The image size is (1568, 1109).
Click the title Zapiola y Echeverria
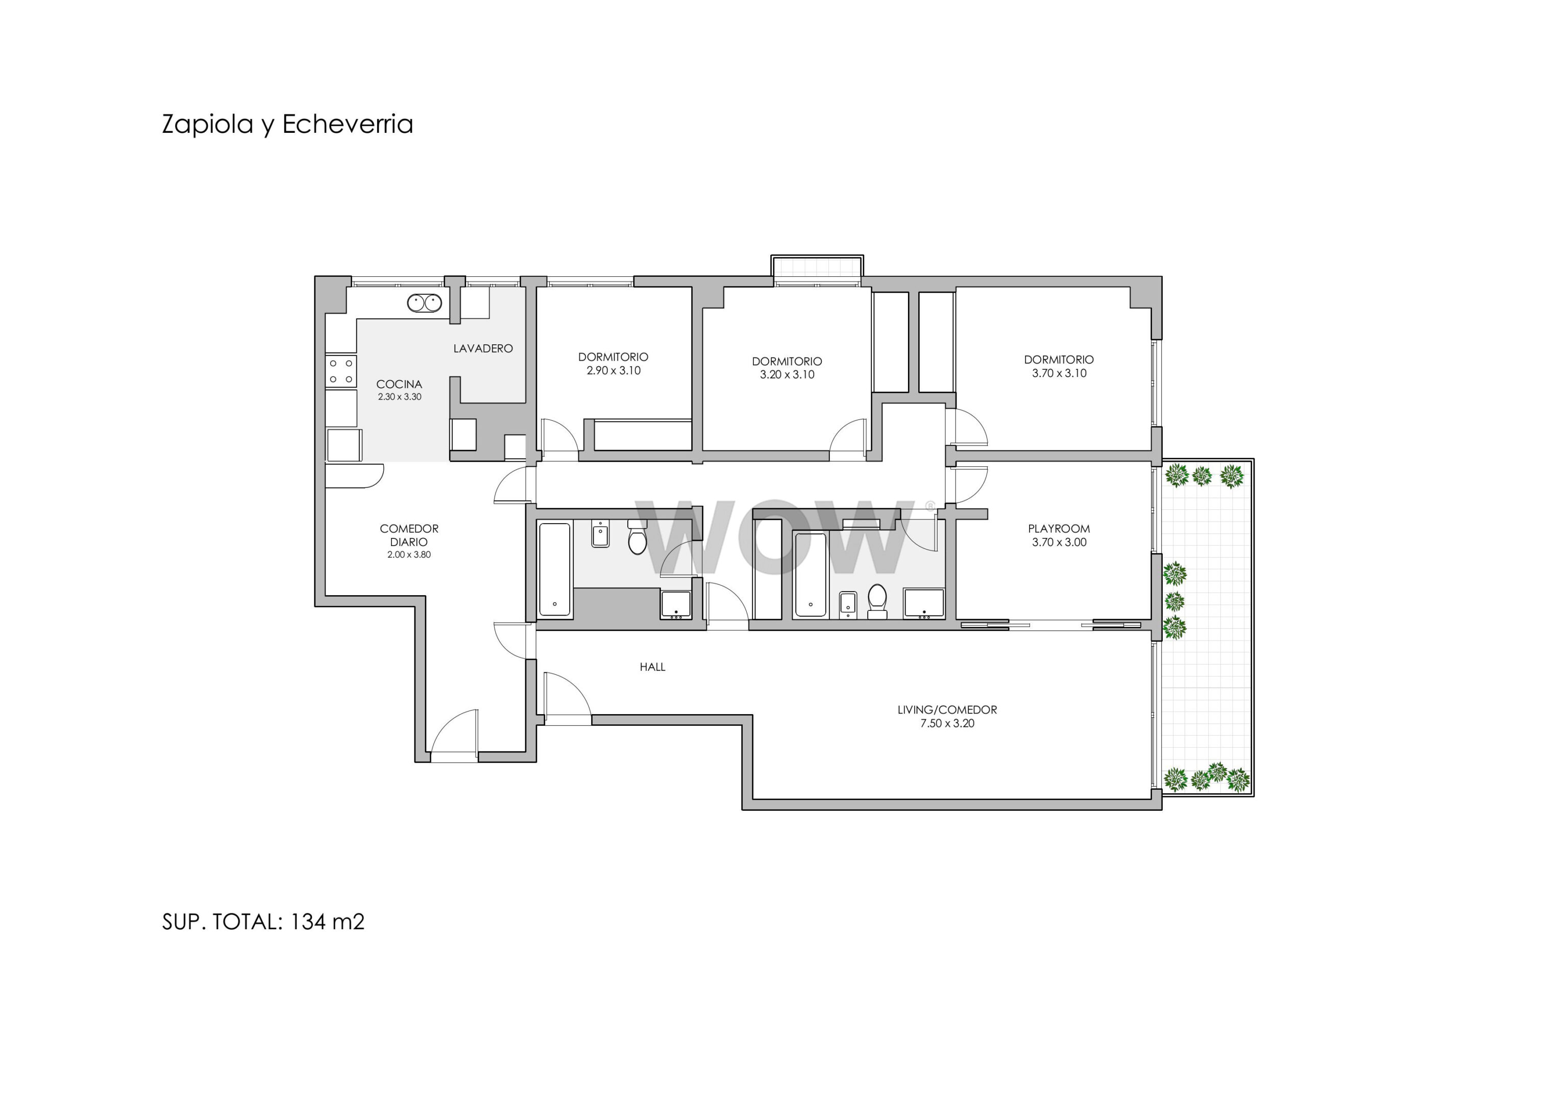tap(287, 124)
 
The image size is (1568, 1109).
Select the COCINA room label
tap(400, 384)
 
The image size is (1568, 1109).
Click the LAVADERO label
tap(483, 348)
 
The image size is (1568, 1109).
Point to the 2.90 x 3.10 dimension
tap(614, 370)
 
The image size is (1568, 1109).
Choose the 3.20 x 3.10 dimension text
tap(788, 374)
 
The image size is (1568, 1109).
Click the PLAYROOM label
tap(1059, 528)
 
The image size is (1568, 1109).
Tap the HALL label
tap(652, 667)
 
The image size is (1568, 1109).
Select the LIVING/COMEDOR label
tap(947, 710)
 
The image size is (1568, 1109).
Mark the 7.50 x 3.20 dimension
tap(947, 724)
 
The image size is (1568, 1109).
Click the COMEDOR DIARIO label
tap(409, 535)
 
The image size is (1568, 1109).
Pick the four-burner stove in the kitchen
tap(340, 371)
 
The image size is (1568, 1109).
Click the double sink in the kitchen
tap(424, 303)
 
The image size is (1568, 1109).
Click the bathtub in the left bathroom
tap(554, 570)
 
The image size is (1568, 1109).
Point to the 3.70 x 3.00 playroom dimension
tap(1059, 542)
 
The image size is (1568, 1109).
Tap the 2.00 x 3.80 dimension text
tap(409, 555)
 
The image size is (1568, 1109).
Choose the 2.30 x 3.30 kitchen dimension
tap(400, 397)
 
